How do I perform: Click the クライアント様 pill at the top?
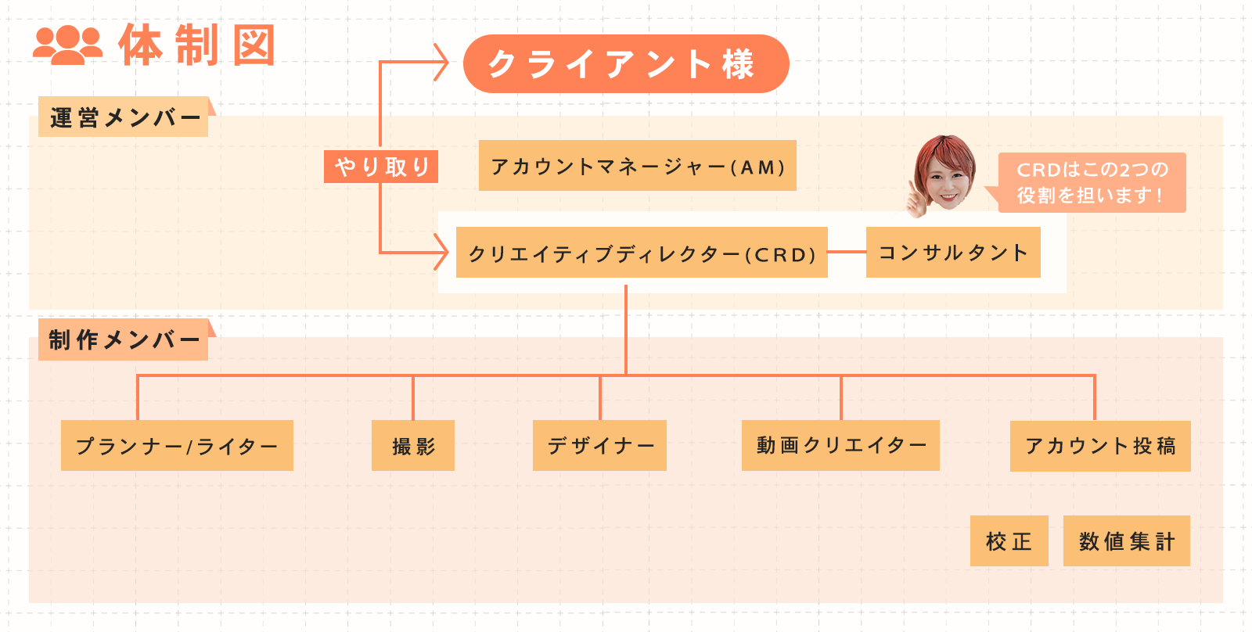(626, 64)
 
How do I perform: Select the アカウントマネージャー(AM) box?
(637, 166)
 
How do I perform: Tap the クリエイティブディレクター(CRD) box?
(642, 253)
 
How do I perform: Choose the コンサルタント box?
(953, 253)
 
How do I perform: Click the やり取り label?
(381, 167)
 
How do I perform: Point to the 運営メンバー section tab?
(124, 117)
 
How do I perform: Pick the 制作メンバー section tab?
(124, 339)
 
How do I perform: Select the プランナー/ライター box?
(177, 446)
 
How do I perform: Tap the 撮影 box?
(413, 446)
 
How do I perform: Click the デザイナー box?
(599, 446)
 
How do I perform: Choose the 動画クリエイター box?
(840, 446)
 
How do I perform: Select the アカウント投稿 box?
(1100, 446)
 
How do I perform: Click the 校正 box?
(1009, 540)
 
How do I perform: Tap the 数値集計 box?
(1126, 540)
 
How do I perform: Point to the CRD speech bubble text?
(1092, 182)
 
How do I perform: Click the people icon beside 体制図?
(68, 45)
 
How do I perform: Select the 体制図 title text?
(197, 45)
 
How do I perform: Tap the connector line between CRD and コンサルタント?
(847, 252)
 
